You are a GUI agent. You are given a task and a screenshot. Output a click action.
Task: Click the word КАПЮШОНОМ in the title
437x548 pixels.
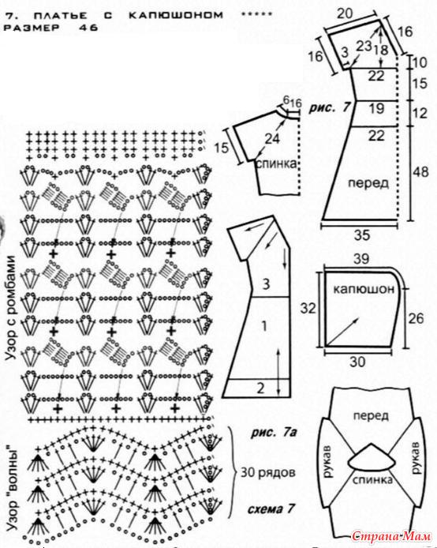coord(176,15)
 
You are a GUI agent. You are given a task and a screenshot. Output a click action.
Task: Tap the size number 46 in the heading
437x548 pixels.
coord(88,28)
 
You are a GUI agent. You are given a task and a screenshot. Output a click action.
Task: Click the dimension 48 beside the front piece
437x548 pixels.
coord(420,172)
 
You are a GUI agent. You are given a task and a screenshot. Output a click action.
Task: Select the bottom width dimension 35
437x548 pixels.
coord(362,235)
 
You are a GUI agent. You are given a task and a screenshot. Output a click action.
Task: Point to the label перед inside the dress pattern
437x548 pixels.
coord(368,182)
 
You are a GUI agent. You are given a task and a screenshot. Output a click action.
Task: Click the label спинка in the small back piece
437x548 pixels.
coord(276,163)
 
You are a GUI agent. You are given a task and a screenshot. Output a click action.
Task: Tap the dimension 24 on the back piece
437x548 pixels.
coord(272,139)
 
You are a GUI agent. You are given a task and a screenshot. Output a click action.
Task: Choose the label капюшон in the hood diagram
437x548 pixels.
coord(364,289)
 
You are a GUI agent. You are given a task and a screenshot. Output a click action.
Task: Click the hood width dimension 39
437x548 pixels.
coord(361,259)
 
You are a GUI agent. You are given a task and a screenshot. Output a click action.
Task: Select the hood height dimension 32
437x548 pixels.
coord(308,308)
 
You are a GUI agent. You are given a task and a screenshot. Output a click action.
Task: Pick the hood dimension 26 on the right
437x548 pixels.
coord(416,318)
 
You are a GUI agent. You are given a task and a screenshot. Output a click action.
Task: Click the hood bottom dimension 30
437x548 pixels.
coord(357,362)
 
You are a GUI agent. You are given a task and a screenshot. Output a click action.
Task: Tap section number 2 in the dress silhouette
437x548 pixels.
coord(260,388)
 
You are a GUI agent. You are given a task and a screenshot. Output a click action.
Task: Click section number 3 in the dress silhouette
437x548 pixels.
coord(266,283)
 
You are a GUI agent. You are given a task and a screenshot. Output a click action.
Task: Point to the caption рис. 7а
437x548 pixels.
coord(274,433)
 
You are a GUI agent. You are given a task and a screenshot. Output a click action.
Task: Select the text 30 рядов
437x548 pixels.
coord(268,472)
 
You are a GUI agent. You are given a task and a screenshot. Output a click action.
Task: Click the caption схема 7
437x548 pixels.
coord(271,509)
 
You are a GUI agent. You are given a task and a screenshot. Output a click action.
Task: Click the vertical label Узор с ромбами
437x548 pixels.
coord(11,308)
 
